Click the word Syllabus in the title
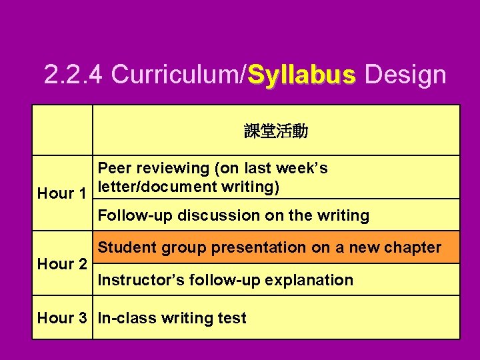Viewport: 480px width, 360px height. [302, 75]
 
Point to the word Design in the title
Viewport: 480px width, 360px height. [405, 75]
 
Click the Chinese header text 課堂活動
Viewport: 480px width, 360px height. [276, 131]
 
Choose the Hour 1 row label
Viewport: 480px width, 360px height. [61, 194]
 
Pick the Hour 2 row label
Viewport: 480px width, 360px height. [61, 265]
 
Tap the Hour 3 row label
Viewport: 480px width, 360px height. [61, 318]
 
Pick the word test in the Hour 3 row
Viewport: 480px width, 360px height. [233, 318]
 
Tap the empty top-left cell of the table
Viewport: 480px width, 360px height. [62, 131]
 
